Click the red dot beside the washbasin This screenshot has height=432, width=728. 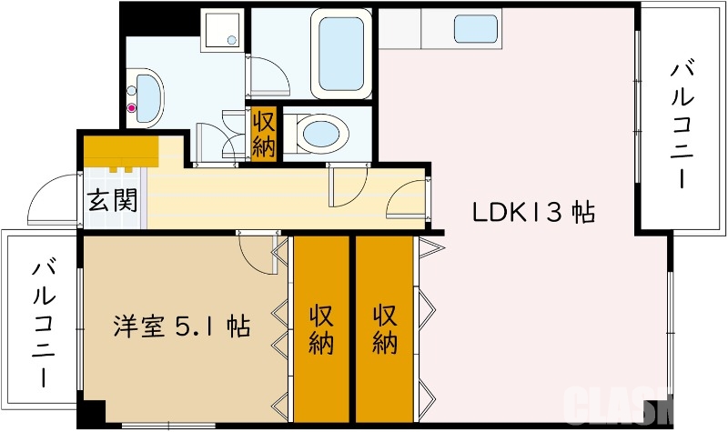click(x=132, y=109)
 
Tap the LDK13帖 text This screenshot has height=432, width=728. click(x=533, y=213)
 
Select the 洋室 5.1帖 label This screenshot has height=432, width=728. click(x=182, y=325)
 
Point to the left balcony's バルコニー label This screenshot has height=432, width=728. click(x=42, y=323)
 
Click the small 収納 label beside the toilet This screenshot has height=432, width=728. click(x=264, y=134)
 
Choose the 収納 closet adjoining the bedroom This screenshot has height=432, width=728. click(x=321, y=329)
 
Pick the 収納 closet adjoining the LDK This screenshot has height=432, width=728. click(x=385, y=329)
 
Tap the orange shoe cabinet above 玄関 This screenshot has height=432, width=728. click(x=121, y=149)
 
